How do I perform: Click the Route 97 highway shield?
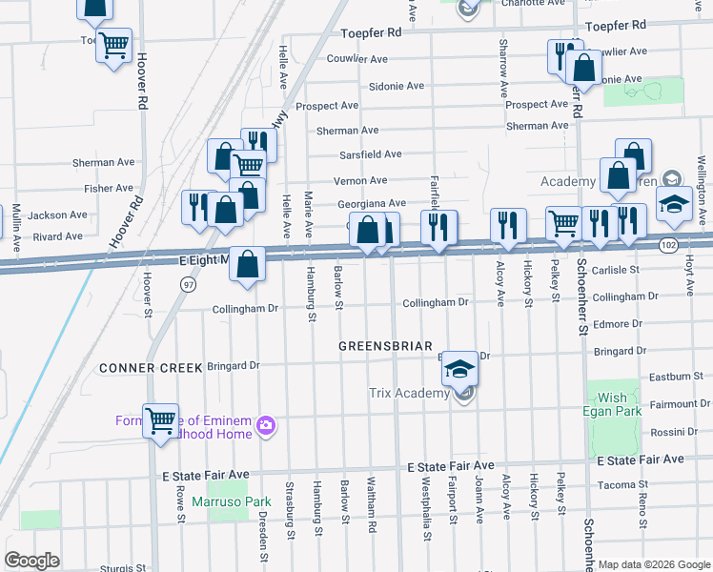coord(188,285)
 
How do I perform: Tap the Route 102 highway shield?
coord(668,245)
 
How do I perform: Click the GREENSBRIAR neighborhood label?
coord(386,346)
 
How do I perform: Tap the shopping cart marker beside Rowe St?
coord(160,419)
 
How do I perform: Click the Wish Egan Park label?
coord(613,404)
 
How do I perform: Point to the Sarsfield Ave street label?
coord(371,154)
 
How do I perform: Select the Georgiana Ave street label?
coord(371,204)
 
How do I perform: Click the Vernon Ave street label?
coord(359,180)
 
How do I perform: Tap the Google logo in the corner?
coord(32,561)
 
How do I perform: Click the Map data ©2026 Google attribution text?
coord(654,564)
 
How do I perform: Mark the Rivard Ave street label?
coord(57,236)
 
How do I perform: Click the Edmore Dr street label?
coord(618,324)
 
